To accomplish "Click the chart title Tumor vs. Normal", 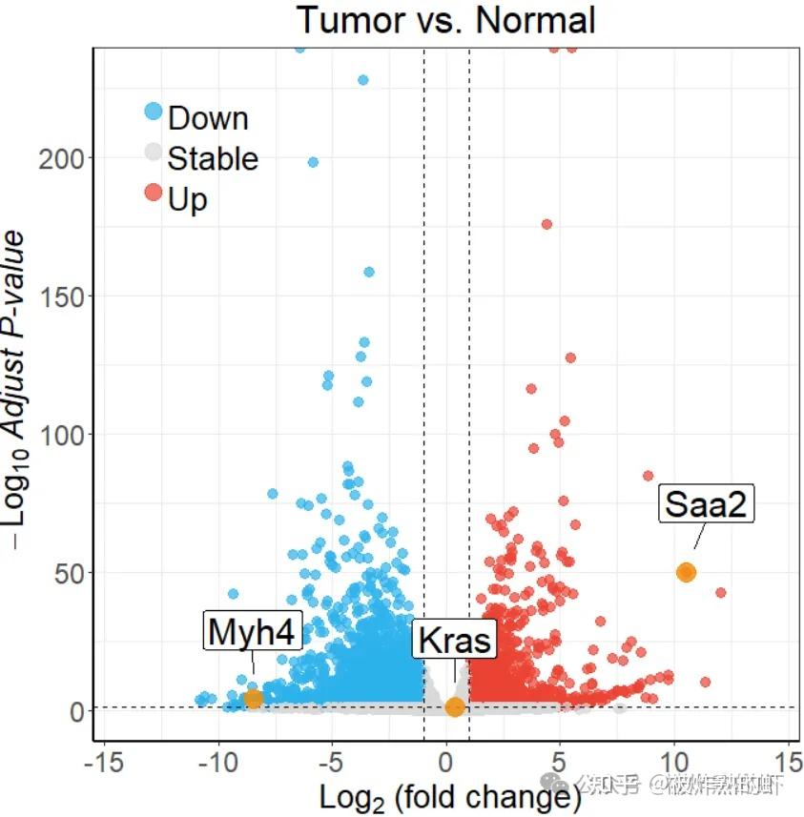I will pyautogui.click(x=445, y=20).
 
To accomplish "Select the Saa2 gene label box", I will pyautogui.click(x=706, y=503).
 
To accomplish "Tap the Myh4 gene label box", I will pyautogui.click(x=254, y=631).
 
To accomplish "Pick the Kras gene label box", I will pyautogui.click(x=455, y=640).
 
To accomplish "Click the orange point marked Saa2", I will pyautogui.click(x=686, y=572).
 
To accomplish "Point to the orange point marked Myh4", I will pyautogui.click(x=253, y=699).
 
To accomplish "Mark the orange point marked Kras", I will pyautogui.click(x=455, y=707).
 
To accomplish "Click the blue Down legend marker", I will pyautogui.click(x=154, y=111).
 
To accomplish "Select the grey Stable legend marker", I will pyautogui.click(x=154, y=152).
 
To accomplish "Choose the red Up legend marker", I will pyautogui.click(x=154, y=193).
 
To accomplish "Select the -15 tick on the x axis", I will pyautogui.click(x=103, y=763).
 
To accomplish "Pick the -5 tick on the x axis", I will pyautogui.click(x=332, y=763).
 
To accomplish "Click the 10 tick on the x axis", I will pyautogui.click(x=674, y=763).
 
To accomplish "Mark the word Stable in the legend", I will pyautogui.click(x=213, y=158).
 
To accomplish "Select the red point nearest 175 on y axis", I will pyautogui.click(x=546, y=225).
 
